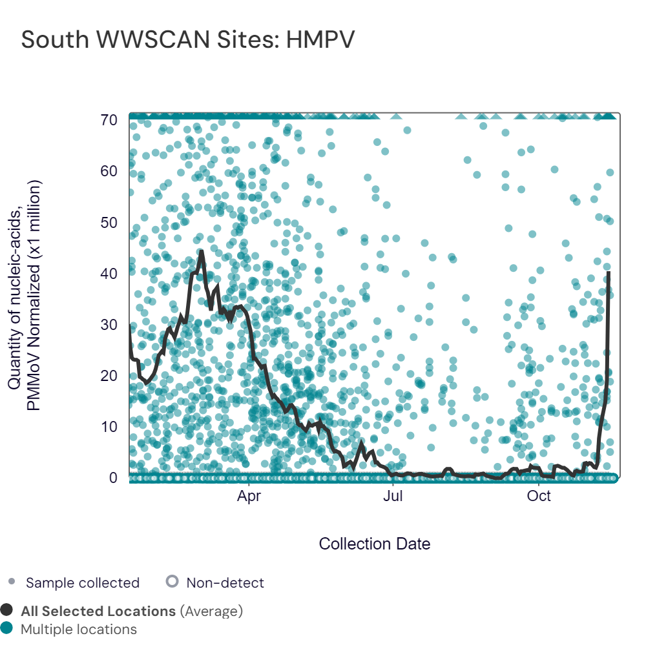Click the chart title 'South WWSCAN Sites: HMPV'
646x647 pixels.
(x=188, y=40)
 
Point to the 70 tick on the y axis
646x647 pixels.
(x=109, y=120)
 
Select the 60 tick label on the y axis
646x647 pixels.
(x=109, y=171)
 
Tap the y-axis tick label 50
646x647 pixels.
(x=109, y=223)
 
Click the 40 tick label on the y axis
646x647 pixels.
(x=109, y=274)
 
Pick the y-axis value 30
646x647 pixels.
(x=109, y=325)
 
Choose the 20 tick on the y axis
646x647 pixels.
(x=109, y=376)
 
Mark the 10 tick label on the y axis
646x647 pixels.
(x=109, y=427)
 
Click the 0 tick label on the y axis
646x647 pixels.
(x=113, y=478)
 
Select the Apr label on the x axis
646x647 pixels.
(x=249, y=496)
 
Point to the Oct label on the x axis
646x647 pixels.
(x=539, y=496)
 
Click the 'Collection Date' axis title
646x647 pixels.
(x=375, y=544)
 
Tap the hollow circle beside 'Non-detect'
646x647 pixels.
(x=172, y=582)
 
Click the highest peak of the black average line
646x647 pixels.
(x=201, y=251)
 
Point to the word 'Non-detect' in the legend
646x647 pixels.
(x=225, y=582)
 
